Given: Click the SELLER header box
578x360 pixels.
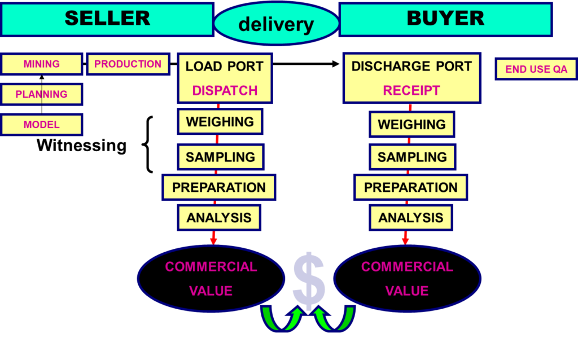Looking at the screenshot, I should tap(107, 19).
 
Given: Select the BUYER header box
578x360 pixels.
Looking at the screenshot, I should tap(445, 19).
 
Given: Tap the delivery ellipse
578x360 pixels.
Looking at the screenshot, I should tap(276, 24).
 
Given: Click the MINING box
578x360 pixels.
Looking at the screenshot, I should tap(42, 64).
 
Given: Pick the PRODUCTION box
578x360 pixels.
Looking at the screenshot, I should tap(128, 64).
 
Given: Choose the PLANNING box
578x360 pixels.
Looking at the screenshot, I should tap(42, 94).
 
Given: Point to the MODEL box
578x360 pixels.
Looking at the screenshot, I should tap(42, 125).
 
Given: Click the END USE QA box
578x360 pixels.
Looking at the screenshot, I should tap(536, 69).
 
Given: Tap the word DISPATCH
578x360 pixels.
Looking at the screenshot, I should tap(225, 91).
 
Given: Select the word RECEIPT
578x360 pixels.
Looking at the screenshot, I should tap(411, 91).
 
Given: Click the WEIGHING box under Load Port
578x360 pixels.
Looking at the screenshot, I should tap(220, 122).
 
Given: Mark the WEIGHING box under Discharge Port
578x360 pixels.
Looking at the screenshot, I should tap(412, 124).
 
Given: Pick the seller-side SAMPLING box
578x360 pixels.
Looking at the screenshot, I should tap(220, 157).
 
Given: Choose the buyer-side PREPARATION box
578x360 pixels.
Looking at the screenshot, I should tap(410, 187).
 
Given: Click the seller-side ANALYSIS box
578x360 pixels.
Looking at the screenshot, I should tap(219, 218).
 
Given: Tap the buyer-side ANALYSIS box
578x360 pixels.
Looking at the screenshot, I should tap(411, 218).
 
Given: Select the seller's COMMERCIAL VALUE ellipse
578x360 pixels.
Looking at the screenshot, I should tap(211, 279).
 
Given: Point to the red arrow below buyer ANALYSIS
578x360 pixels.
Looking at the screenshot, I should tap(405, 238).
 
